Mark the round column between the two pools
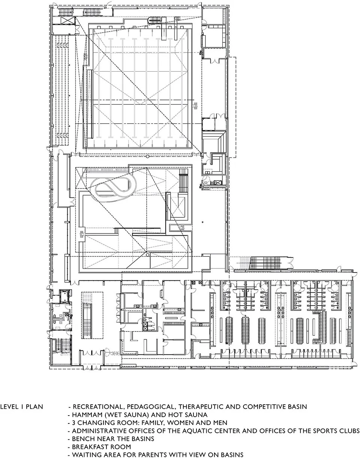148,156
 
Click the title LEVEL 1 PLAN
22,407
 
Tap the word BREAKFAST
89,447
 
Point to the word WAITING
86,455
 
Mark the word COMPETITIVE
268,407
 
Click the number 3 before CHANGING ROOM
74,423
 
